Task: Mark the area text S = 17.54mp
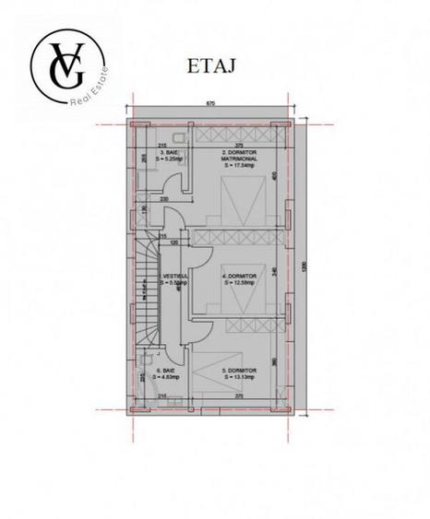tap(239, 167)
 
